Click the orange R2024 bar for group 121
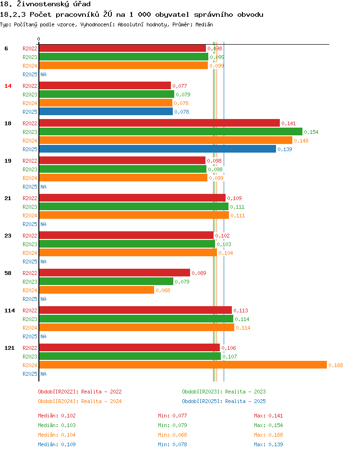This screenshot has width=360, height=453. (182, 365)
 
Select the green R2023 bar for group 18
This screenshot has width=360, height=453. (170, 132)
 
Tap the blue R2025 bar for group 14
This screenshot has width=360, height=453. (106, 112)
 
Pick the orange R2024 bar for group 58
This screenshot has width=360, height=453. (96, 290)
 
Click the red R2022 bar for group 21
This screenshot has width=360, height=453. (132, 198)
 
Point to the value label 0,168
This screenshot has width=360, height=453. (336, 366)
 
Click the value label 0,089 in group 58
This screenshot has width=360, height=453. (199, 274)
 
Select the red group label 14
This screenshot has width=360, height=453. (8, 86)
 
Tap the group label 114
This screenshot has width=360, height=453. (10, 310)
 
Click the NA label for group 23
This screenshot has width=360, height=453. (43, 262)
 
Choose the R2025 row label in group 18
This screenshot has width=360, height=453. (30, 149)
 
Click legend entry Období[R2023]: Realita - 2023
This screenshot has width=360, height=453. (224, 392)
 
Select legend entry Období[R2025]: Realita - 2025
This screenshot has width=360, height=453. (224, 401)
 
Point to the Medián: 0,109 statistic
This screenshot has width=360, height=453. (57, 444)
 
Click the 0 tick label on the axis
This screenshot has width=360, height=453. (39, 39)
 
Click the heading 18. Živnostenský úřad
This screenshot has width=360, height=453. (46, 4)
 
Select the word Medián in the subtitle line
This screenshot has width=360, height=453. (204, 24)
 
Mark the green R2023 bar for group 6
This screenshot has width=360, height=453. (123, 57)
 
